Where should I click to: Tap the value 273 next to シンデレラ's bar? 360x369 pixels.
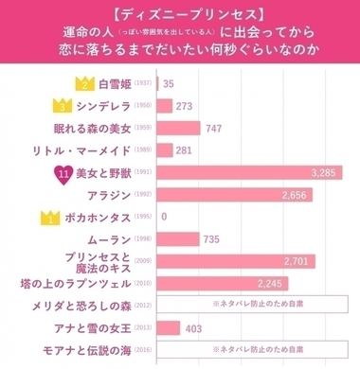coord(185,107)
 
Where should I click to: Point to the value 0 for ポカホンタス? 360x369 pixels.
coord(165,217)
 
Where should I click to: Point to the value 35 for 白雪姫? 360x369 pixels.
coord(169,84)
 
